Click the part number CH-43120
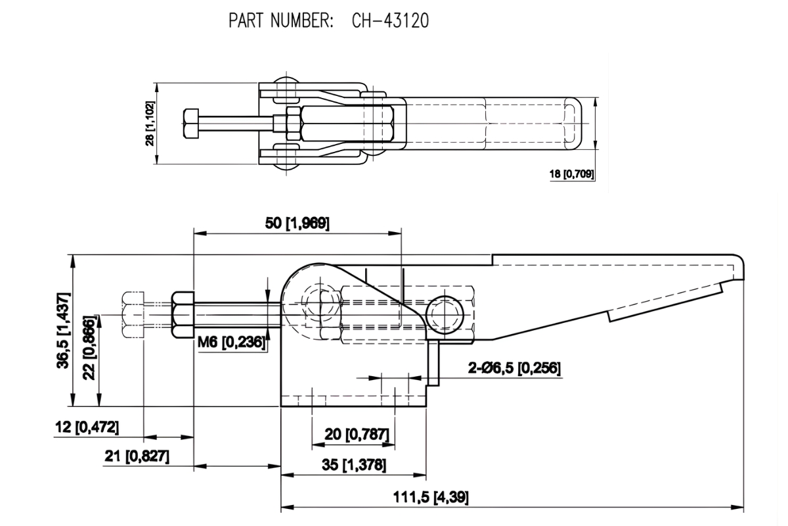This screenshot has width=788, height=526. pyautogui.click(x=389, y=21)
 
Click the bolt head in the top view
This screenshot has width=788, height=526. pyautogui.click(x=189, y=124)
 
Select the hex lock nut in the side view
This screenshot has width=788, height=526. pyautogui.click(x=183, y=315)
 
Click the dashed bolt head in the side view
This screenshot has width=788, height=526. pyautogui.click(x=134, y=315)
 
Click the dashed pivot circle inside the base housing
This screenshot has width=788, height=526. pyautogui.click(x=321, y=307)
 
